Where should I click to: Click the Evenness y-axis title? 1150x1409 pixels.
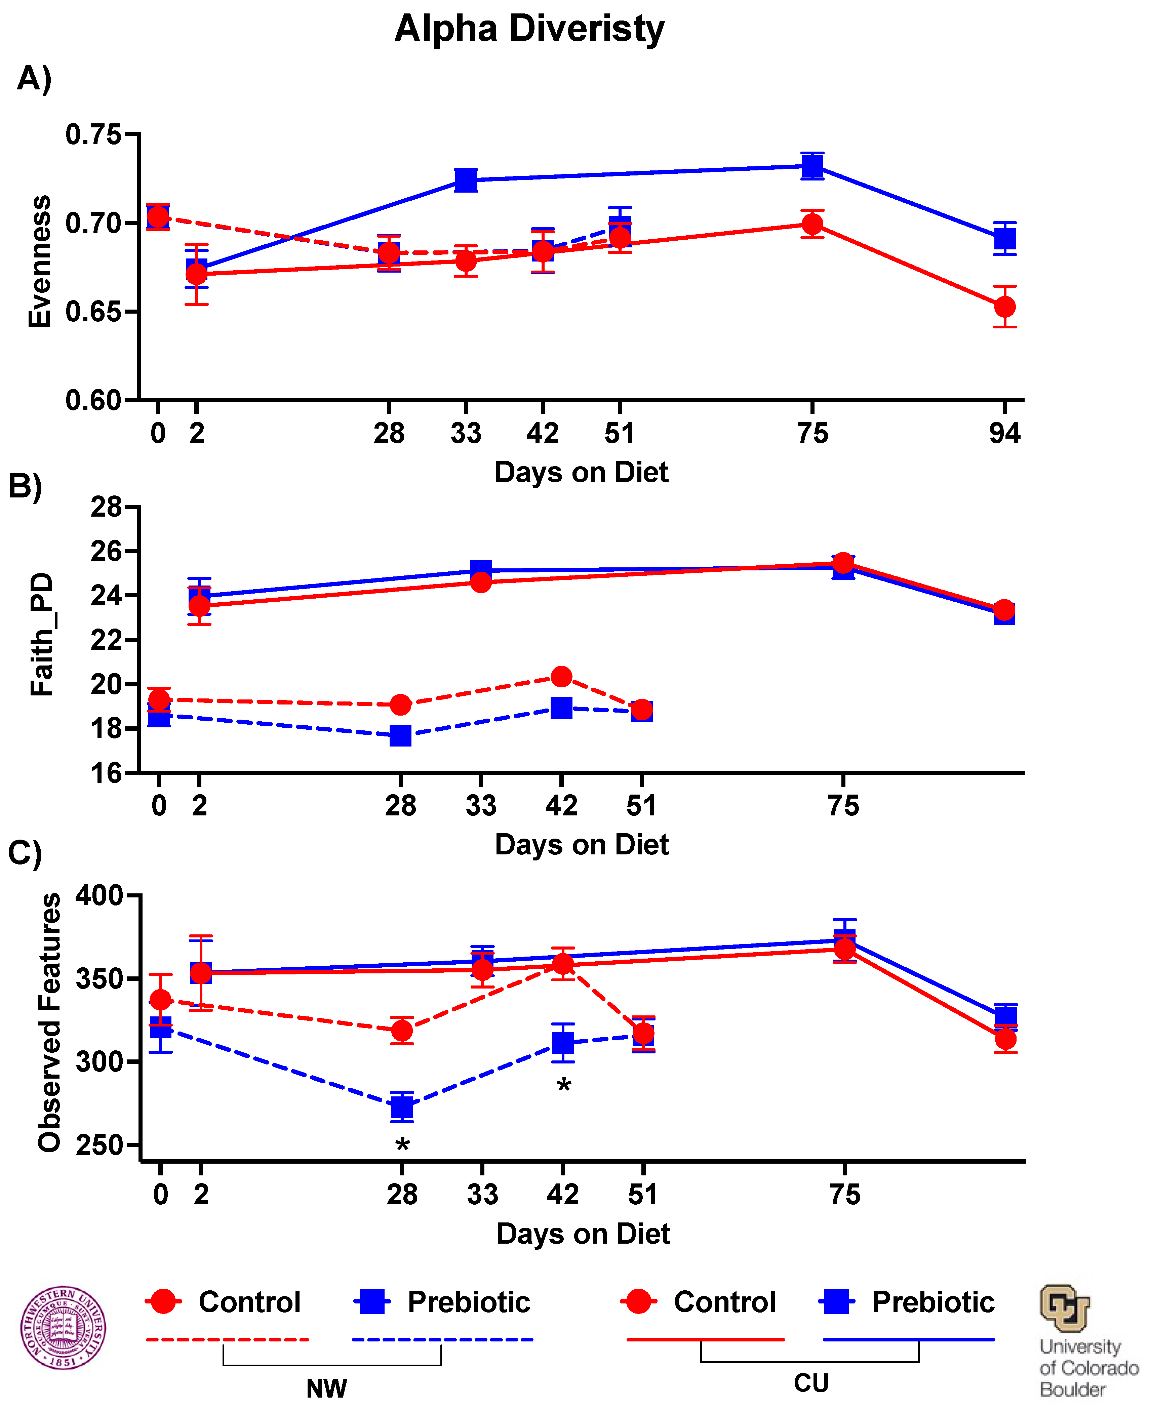(40, 261)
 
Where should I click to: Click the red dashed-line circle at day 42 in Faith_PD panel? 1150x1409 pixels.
(561, 676)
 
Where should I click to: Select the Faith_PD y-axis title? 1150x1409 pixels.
(42, 635)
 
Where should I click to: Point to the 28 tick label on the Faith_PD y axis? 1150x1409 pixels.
(106, 508)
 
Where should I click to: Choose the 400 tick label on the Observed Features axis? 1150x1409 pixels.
(100, 896)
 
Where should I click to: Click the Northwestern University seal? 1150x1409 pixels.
(63, 1328)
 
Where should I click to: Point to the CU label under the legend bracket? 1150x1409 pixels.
(811, 1383)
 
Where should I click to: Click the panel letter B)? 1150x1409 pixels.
(25, 487)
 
